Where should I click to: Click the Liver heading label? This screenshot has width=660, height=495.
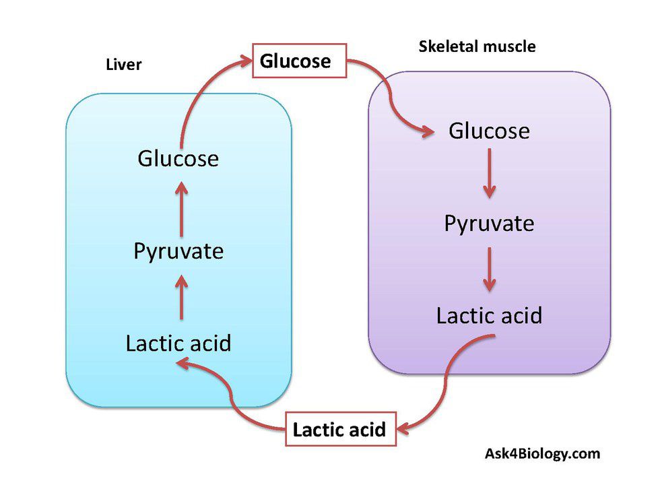pos(124,65)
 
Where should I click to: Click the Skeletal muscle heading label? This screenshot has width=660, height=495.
pos(477,46)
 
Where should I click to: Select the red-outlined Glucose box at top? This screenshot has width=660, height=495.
pos(298,61)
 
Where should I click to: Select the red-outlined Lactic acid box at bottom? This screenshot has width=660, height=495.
pos(339,429)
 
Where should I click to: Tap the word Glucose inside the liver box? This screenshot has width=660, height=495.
pos(178,159)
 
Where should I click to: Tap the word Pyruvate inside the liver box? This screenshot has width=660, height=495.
pos(178,251)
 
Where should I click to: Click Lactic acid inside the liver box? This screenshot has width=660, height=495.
pos(178,343)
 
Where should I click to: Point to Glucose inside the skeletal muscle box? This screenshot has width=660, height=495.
pos(489,131)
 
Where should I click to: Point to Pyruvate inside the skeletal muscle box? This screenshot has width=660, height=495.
pos(489,223)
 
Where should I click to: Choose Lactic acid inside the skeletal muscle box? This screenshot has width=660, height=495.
pos(489,315)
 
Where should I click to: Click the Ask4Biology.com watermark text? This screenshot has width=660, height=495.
pos(542,453)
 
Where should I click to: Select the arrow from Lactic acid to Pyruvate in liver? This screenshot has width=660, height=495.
pos(181,297)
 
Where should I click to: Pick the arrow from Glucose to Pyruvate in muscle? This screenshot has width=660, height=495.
pos(490,173)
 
